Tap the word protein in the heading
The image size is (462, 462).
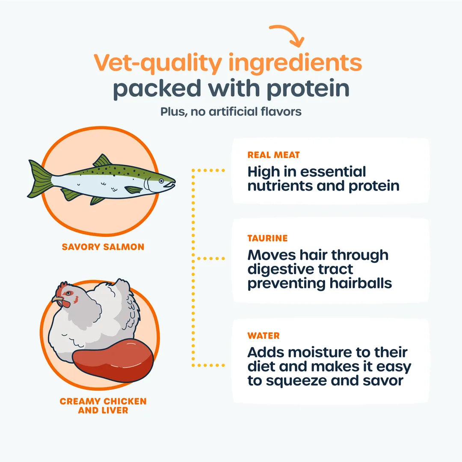tap(308, 89)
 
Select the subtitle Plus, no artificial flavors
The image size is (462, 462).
tap(231, 112)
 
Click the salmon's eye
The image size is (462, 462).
tap(161, 181)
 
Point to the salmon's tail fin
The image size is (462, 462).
tap(40, 179)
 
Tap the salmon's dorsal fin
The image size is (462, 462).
tap(102, 161)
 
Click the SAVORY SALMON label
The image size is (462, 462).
tap(103, 247)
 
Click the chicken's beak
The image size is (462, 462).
tap(58, 300)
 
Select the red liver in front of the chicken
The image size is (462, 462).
tap(113, 360)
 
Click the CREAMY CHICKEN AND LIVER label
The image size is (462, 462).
tap(103, 406)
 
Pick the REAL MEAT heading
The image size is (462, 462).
tap(274, 155)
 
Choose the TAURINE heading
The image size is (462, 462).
tap(267, 238)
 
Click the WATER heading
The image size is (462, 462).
tap(264, 335)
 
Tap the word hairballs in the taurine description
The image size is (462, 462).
tap(361, 283)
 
